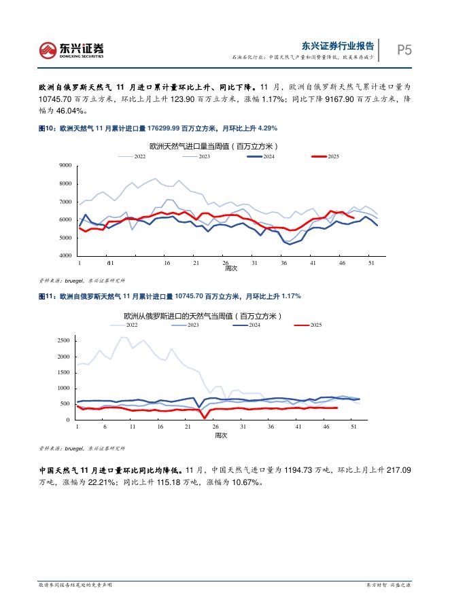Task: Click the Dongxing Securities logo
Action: [x=71, y=49]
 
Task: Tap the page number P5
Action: [x=404, y=50]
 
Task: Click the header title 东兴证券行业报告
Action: [x=338, y=46]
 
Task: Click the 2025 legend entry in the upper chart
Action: [x=326, y=156]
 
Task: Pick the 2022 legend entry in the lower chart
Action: [x=123, y=326]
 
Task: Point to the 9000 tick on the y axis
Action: [x=66, y=166]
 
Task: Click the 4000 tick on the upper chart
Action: [x=66, y=256]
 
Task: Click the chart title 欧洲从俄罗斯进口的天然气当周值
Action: [x=203, y=316]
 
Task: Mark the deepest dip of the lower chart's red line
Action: [x=203, y=417]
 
